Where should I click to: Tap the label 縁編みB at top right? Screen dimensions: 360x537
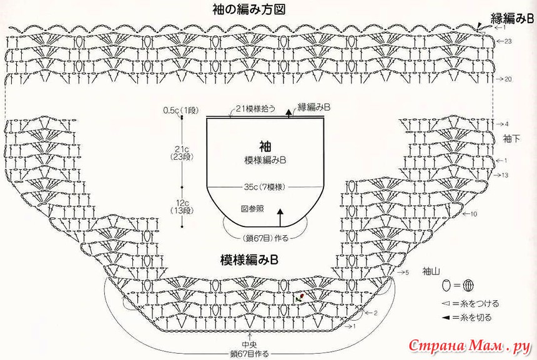tap(512, 18)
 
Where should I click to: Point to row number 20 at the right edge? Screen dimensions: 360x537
tap(508, 79)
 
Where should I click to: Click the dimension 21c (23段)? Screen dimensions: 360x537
tap(182, 153)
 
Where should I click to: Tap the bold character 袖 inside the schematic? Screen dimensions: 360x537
tap(265, 146)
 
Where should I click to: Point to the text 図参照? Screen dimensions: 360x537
tap(252, 208)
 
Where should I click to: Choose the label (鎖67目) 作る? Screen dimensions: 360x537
tap(265, 237)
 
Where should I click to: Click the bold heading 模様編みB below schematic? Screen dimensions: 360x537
tap(248, 258)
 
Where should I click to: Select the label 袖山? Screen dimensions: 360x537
tap(431, 271)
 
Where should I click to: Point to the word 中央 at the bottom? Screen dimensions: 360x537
tap(250, 344)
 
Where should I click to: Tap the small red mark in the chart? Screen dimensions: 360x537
tap(301, 297)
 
